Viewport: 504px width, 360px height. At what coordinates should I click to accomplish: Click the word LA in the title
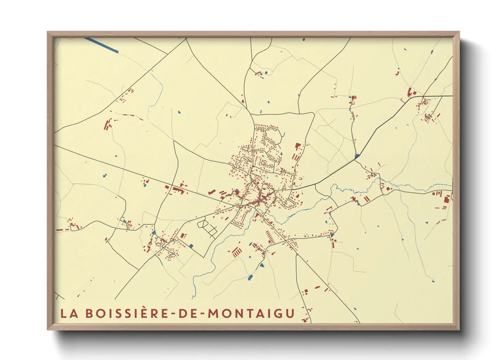[69, 313]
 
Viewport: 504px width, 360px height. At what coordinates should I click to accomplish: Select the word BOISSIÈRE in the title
[127, 313]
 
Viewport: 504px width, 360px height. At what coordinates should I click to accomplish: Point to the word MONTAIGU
[251, 313]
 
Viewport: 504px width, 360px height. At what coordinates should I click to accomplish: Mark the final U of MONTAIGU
[290, 313]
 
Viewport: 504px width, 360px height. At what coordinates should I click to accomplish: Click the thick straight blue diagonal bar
[101, 45]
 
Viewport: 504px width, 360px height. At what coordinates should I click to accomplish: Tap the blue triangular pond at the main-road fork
[357, 156]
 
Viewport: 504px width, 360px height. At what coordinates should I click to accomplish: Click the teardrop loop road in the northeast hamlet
[429, 117]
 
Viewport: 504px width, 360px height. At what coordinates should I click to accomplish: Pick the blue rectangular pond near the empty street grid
[191, 246]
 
